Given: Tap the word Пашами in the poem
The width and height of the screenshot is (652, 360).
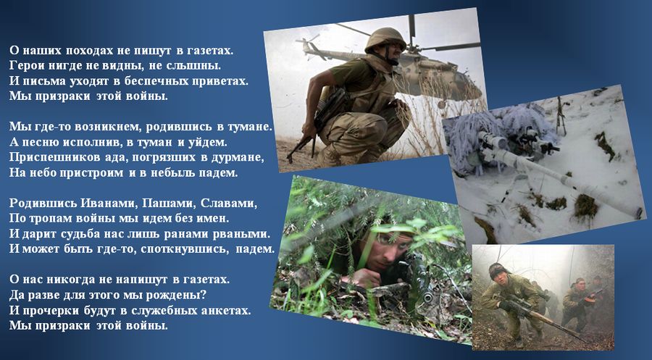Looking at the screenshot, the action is (x=168, y=203).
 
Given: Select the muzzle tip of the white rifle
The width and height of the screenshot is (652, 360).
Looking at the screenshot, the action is (x=639, y=213).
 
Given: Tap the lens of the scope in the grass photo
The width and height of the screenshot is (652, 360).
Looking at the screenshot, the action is (x=427, y=298).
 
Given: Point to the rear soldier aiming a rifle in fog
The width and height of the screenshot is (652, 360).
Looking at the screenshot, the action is (x=578, y=304).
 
